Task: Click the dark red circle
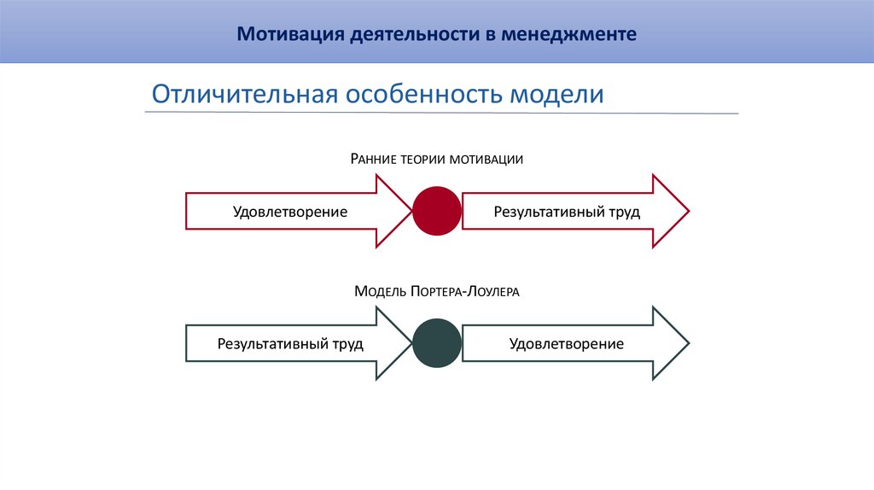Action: tap(437, 211)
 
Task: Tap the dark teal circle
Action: tap(437, 343)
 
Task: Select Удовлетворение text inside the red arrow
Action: tap(290, 212)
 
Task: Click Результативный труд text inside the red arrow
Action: tap(566, 212)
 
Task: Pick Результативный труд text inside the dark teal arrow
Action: tap(290, 344)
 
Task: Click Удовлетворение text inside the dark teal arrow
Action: tap(566, 344)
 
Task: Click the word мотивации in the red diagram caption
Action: tap(488, 160)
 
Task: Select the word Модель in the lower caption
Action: tap(381, 292)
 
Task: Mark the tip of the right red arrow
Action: tap(687, 211)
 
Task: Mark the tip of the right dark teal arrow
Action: tap(687, 343)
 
